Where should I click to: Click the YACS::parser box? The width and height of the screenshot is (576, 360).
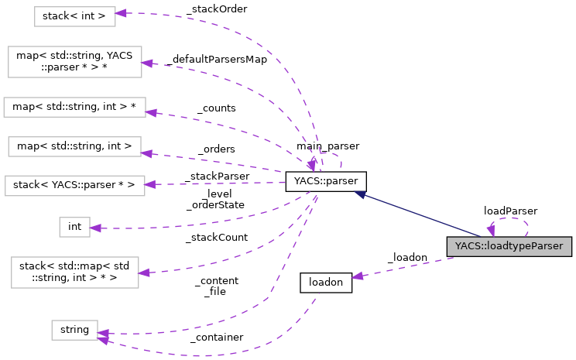tap(325, 182)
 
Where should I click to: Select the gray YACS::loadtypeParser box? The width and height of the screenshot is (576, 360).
tap(509, 246)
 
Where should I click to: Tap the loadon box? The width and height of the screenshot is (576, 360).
tap(325, 283)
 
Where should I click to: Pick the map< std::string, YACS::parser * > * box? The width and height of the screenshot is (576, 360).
tap(75, 62)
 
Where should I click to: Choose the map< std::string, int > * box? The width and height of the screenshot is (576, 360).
tap(75, 107)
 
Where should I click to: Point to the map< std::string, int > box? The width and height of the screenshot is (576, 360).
tap(74, 145)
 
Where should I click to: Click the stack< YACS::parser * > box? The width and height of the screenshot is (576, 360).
tap(74, 185)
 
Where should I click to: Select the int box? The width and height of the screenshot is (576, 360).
tap(74, 226)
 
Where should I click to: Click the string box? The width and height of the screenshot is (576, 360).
tap(74, 330)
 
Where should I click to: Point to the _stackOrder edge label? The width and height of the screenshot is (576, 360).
tap(216, 9)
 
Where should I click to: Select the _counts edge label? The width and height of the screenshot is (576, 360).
tap(216, 108)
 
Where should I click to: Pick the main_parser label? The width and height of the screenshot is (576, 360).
tap(327, 146)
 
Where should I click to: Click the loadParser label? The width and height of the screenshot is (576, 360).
tap(510, 210)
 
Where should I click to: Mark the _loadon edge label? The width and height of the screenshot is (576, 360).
tap(407, 256)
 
